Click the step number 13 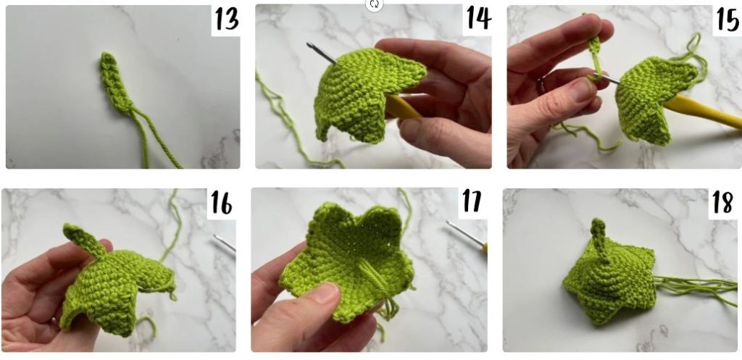[227, 20]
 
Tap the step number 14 [478, 18]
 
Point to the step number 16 [221, 203]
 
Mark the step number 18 [723, 203]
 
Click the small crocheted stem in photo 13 [114, 82]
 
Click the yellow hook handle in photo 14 [402, 107]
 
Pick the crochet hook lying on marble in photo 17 [467, 235]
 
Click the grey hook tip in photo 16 [225, 243]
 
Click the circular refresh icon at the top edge [374, 5]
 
